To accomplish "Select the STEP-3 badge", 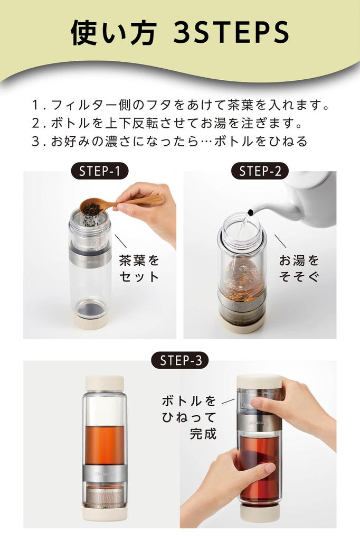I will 179,361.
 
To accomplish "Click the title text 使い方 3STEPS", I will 179,33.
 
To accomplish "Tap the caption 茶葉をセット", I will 139,268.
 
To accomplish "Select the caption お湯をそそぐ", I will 299,268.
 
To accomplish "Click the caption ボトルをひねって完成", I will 189,417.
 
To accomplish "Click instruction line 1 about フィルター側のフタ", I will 179,105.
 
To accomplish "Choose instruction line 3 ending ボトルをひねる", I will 169,142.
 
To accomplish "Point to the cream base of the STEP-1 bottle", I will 91,321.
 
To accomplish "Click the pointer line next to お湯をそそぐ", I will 280,241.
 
